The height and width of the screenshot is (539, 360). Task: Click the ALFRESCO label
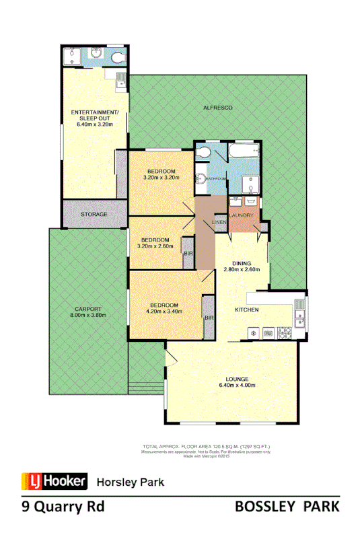218,108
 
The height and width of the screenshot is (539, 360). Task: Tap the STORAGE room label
94,214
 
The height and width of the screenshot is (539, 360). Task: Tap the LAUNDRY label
242,215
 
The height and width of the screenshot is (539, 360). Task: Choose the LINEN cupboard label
219,222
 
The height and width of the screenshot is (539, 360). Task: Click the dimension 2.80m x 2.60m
232,270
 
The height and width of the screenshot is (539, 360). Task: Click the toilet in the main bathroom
203,153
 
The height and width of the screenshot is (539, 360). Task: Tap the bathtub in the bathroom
243,150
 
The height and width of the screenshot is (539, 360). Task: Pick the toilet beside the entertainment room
118,57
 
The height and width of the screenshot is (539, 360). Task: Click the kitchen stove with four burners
285,332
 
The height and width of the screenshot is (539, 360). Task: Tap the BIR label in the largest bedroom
209,317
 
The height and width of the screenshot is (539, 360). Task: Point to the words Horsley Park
131,482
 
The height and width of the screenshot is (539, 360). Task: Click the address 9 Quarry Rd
63,507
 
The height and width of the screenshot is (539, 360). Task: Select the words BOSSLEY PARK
287,507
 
